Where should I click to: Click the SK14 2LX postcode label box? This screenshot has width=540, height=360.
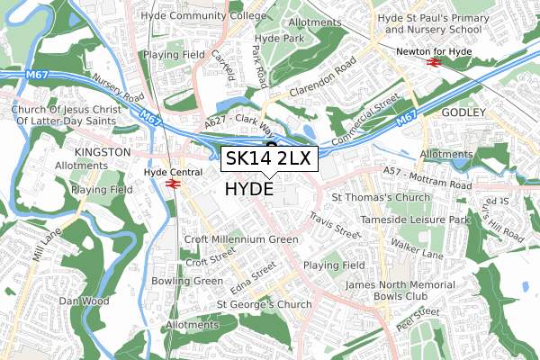coord(268,159)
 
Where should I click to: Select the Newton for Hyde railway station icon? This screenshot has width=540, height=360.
coord(433,64)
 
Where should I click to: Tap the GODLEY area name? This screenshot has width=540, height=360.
coord(463,112)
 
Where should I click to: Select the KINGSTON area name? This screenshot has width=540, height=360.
coord(103,153)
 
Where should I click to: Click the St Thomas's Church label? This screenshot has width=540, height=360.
coord(382,197)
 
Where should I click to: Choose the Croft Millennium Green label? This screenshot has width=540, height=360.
coord(240,240)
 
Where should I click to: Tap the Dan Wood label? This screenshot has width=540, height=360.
coord(84,301)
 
